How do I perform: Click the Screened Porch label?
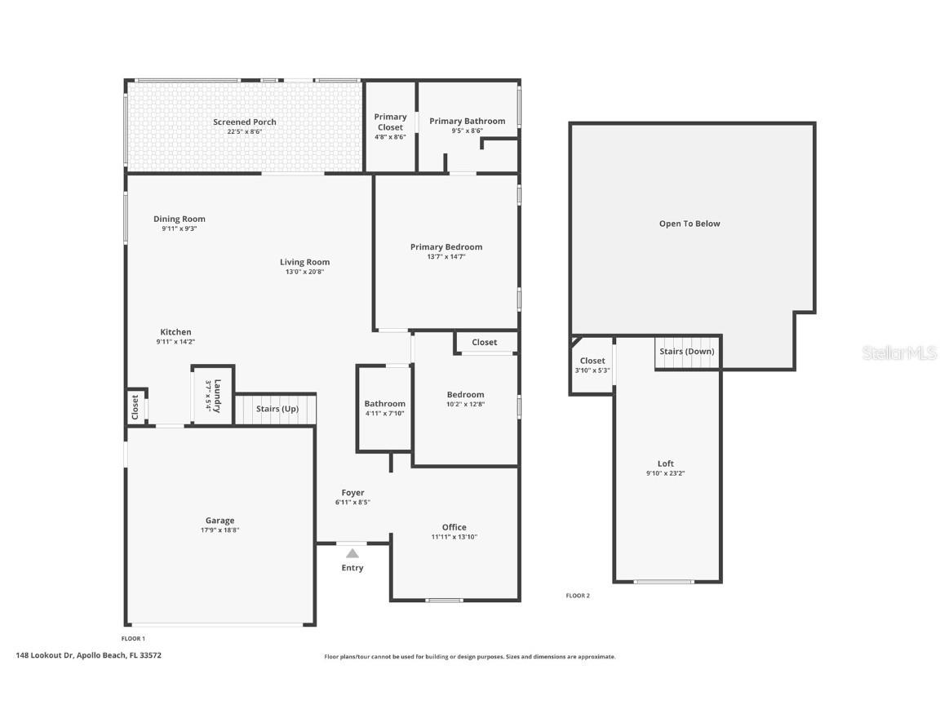tap(244, 122)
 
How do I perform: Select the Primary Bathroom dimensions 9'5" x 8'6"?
tap(467, 131)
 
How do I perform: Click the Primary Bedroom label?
tap(446, 247)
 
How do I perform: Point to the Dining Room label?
tap(179, 219)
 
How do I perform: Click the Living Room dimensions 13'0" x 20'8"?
tap(304, 272)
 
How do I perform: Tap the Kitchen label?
tap(175, 332)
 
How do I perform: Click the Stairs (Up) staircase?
tap(275, 409)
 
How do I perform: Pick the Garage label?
tap(219, 521)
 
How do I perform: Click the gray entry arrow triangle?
tap(352, 553)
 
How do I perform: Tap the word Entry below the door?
tap(352, 568)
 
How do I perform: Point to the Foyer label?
tap(352, 493)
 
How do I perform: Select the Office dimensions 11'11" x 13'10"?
tap(454, 537)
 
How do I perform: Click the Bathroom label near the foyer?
tap(384, 404)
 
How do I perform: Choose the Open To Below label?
tap(689, 224)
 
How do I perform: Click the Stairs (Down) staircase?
tap(687, 352)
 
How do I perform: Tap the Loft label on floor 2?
tap(666, 463)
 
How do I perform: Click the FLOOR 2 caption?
tap(578, 596)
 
